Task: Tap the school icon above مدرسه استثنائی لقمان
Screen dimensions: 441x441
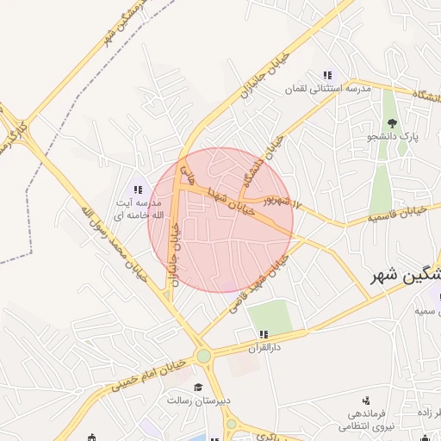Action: coord(326,76)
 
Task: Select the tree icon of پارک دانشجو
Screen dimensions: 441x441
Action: coord(393,123)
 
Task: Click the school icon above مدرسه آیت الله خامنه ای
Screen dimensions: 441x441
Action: coord(136,189)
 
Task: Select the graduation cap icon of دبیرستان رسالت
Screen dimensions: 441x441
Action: coord(198,387)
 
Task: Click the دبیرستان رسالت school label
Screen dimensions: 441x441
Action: coord(197,401)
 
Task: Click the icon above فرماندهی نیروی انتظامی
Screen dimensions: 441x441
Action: coord(367,401)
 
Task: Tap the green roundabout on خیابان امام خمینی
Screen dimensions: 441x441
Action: coord(203,356)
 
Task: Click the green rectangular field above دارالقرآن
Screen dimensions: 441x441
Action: coord(270,315)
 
